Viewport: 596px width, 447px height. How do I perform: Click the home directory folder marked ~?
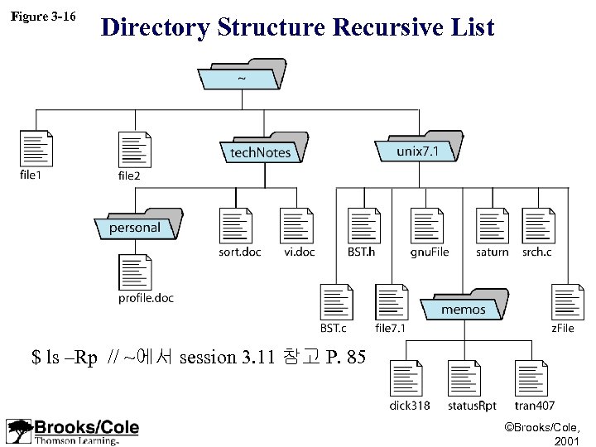(240, 77)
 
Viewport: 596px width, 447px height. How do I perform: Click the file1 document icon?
(36, 149)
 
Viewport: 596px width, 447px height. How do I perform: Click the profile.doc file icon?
(135, 272)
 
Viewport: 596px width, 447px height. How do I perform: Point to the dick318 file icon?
(408, 379)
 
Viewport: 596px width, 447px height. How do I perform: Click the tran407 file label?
(535, 406)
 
